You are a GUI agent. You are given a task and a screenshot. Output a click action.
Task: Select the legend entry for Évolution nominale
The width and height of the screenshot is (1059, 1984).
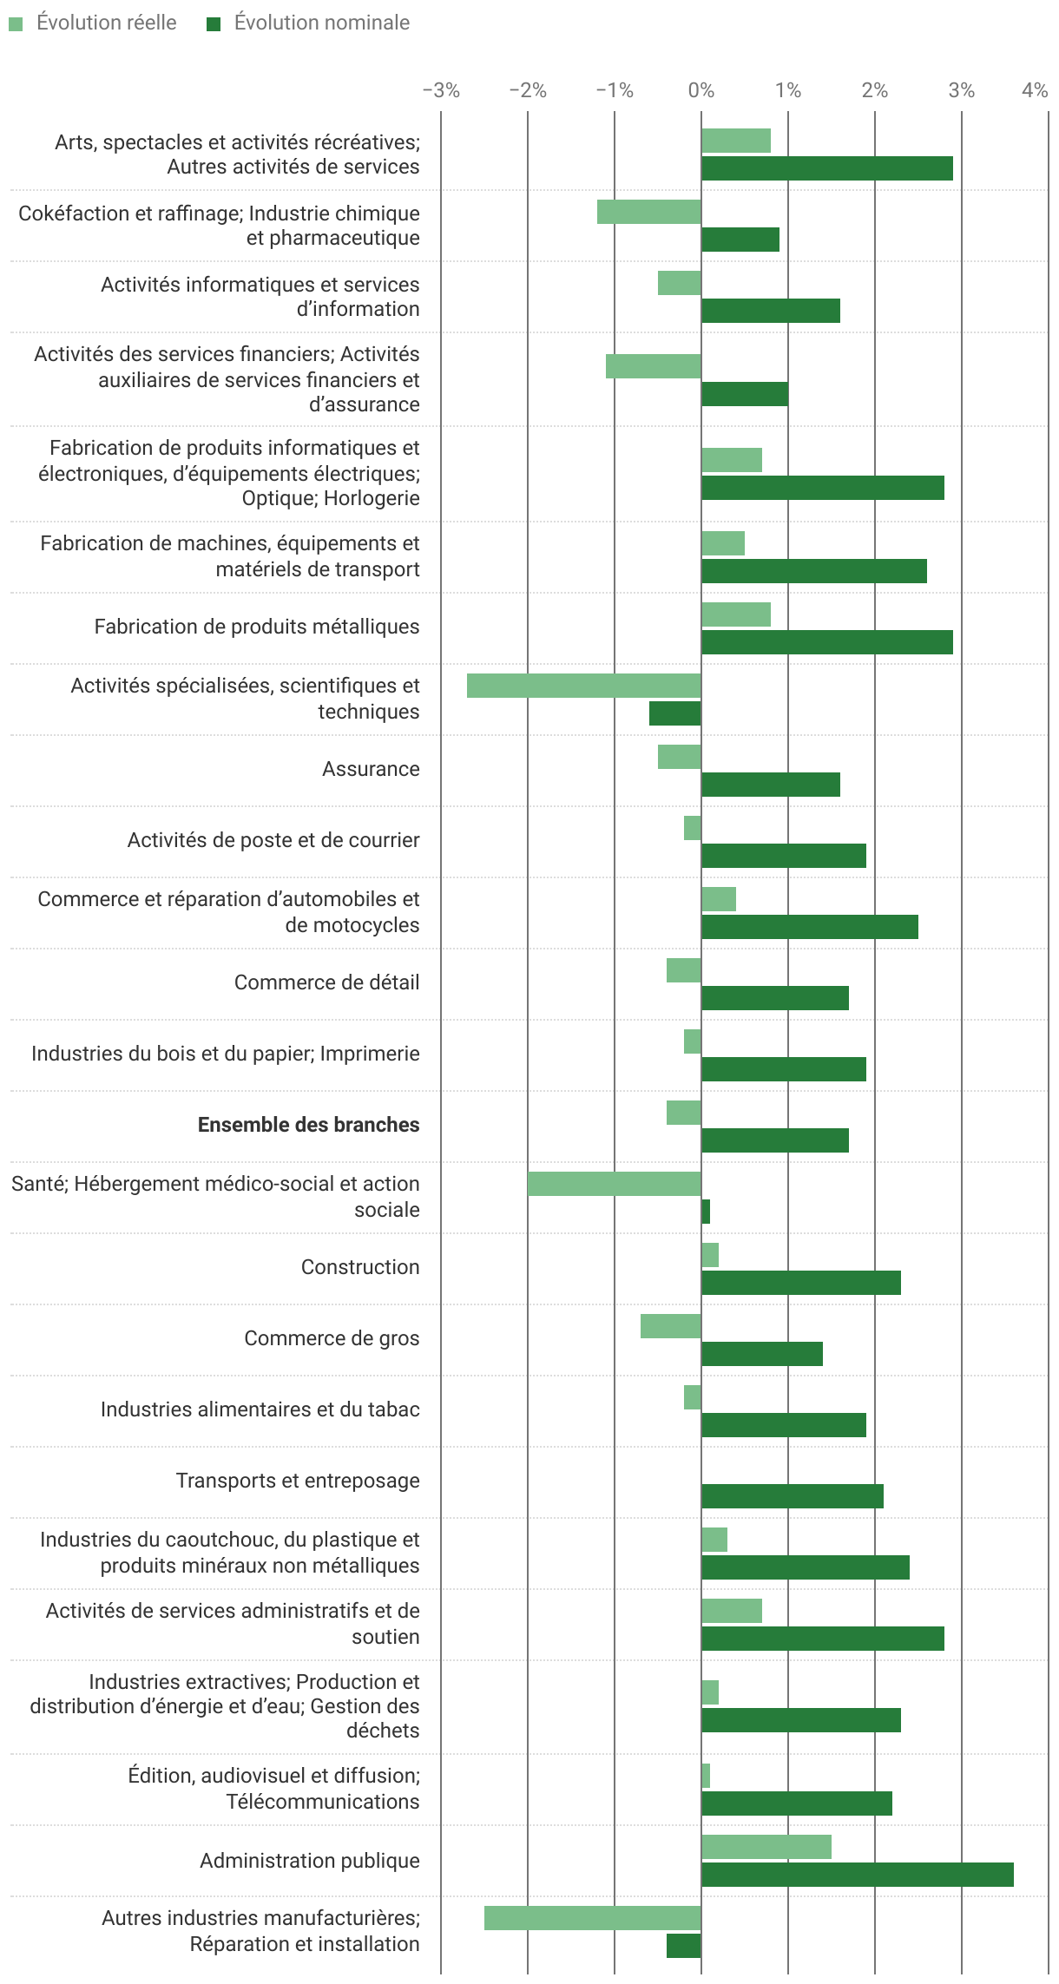309,23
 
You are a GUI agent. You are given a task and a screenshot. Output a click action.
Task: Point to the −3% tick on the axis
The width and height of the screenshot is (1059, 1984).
441,90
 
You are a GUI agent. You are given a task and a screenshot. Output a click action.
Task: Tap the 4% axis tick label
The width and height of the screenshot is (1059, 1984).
1035,90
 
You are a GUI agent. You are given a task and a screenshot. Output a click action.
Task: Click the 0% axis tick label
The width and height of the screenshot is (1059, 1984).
701,90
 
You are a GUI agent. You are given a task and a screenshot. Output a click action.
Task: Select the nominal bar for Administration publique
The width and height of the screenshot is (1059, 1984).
857,1875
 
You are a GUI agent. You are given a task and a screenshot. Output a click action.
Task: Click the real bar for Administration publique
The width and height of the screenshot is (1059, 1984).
766,1847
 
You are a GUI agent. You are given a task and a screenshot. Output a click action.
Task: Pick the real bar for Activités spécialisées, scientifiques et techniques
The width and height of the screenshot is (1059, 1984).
583,686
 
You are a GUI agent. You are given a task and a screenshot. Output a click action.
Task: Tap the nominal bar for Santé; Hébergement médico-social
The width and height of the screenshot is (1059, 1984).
706,1212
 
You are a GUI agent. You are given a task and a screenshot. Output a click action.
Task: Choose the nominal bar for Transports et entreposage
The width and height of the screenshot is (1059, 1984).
792,1496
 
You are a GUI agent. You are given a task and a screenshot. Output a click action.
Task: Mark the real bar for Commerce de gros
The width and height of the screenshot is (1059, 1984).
670,1326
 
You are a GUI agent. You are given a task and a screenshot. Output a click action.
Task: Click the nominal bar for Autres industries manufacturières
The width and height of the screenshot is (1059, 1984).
683,1946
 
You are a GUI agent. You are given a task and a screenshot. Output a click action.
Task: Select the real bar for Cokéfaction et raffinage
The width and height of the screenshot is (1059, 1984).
648,212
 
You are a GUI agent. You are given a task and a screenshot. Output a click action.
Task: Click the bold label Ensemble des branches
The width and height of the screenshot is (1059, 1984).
308,1125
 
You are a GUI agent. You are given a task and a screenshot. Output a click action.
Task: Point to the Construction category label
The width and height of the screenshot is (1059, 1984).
359,1267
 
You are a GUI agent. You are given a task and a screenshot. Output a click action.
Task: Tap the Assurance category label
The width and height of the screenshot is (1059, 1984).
371,769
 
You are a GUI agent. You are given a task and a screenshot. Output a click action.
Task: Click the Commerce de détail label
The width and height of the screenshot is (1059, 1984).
326,982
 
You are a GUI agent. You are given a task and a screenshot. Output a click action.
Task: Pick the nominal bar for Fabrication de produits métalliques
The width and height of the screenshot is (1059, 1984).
826,642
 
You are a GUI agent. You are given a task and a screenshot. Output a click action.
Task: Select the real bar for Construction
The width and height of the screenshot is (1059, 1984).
710,1255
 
